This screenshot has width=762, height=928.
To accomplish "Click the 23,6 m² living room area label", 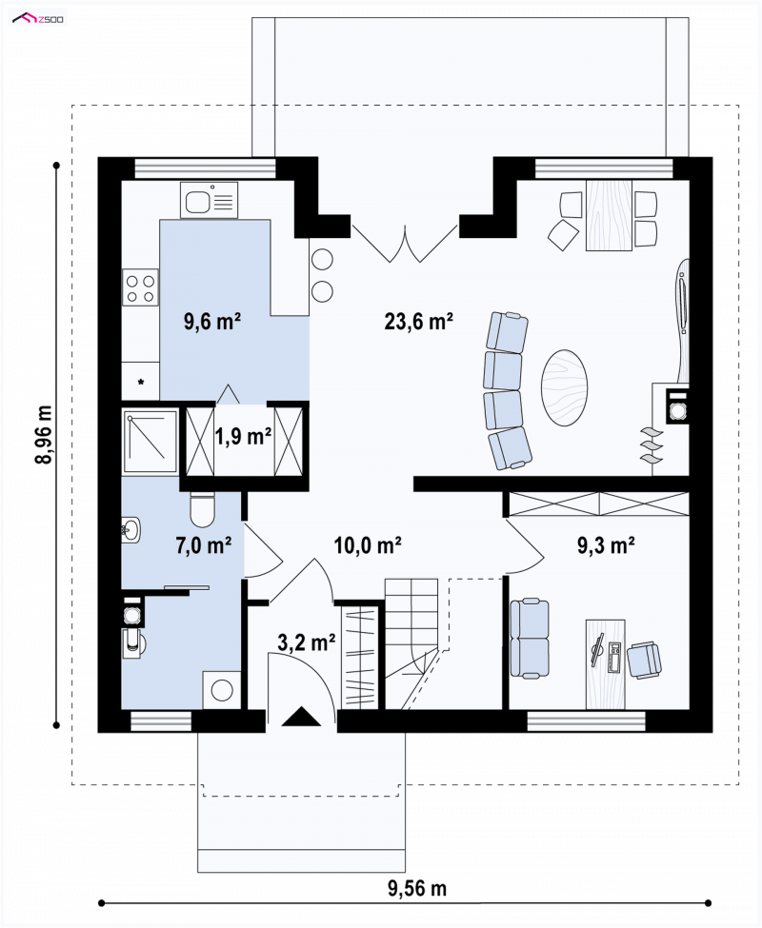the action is click(x=418, y=322).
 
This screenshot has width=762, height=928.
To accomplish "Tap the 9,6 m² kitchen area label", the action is click(x=212, y=322).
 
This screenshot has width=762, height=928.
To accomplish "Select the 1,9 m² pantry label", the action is click(x=243, y=436).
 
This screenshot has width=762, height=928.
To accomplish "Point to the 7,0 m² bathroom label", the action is click(x=203, y=545).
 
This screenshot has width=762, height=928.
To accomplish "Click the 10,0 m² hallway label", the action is click(x=368, y=545).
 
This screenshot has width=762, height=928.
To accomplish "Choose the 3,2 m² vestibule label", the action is click(x=307, y=642).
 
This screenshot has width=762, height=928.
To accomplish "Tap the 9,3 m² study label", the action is click(x=606, y=545).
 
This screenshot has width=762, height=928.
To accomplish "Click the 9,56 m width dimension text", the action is click(x=417, y=888).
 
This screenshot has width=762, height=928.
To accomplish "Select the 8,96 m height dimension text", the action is click(x=45, y=435).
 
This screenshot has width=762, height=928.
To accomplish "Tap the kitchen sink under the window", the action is click(x=209, y=200).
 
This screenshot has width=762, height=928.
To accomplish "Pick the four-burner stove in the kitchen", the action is click(x=140, y=287).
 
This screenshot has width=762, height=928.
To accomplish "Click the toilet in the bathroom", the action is click(x=203, y=509).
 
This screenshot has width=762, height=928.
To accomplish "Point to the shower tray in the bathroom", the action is click(x=150, y=441).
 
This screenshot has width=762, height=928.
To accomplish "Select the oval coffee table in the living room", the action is click(x=565, y=386).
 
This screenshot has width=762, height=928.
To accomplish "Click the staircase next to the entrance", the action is click(x=411, y=643).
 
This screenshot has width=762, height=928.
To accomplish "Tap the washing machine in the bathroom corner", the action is click(x=221, y=690).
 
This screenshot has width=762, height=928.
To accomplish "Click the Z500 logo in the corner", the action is click(x=38, y=18).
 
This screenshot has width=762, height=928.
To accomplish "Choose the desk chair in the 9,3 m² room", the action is click(x=644, y=660).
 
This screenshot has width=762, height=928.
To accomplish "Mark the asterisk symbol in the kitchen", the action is click(x=141, y=383).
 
